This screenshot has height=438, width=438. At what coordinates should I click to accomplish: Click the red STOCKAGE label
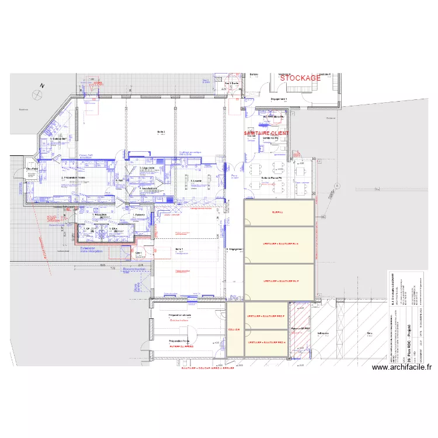click(x=300, y=78)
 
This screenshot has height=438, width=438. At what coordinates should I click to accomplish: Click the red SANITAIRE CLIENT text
click(x=266, y=133)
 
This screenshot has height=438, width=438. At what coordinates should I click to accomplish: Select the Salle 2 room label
click(x=161, y=132)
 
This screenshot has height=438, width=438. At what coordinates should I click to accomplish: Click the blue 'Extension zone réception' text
click(x=91, y=249)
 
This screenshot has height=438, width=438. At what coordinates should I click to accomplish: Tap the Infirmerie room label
click(x=323, y=334)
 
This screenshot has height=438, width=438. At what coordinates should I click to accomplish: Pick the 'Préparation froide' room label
click(x=179, y=340)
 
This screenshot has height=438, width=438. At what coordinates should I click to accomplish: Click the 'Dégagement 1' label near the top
click(x=279, y=99)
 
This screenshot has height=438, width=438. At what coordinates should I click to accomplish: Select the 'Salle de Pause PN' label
click(x=272, y=178)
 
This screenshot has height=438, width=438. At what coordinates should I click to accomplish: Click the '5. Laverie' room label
click(x=196, y=182)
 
